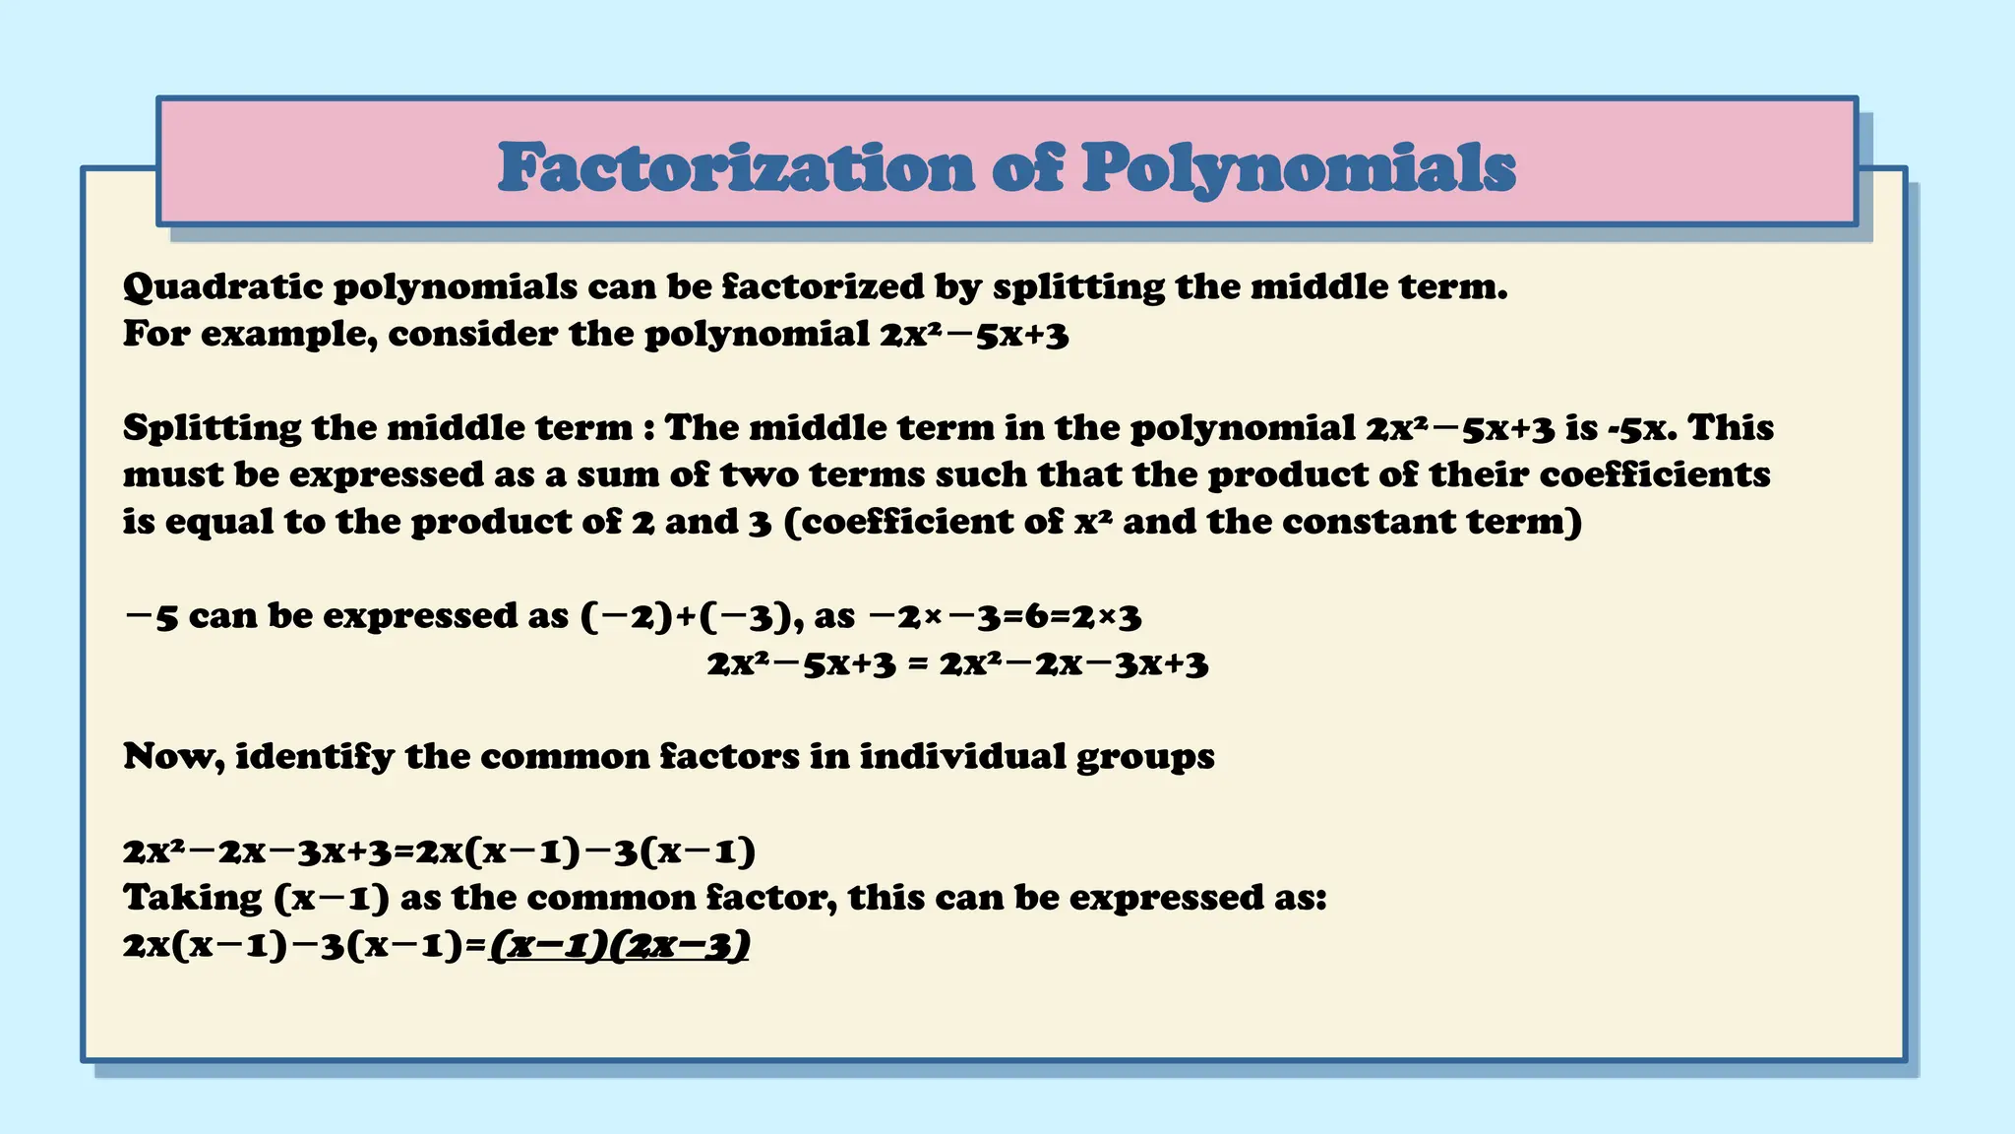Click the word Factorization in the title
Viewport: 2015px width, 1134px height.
click(736, 167)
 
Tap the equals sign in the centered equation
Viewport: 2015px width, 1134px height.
click(917, 664)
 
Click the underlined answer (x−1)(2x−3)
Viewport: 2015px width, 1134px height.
click(620, 946)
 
